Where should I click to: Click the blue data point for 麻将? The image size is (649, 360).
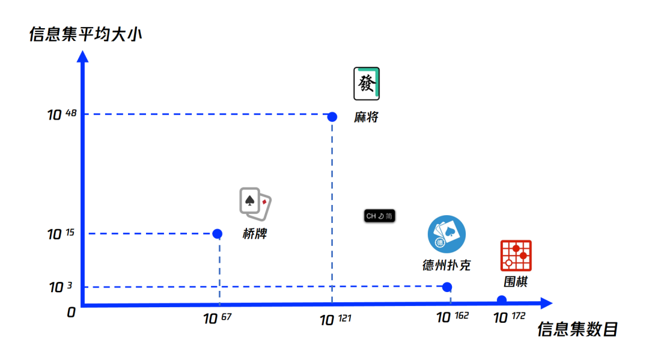[x=332, y=117]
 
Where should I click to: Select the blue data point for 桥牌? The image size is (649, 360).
[x=218, y=234]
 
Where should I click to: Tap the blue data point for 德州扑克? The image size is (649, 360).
[x=447, y=287]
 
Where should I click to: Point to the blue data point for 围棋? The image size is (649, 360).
[x=502, y=300]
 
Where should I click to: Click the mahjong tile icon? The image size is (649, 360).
[x=367, y=84]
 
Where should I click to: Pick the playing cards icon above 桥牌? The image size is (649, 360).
[x=255, y=202]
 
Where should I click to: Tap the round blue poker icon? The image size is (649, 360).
[x=446, y=234]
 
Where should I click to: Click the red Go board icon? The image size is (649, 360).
[x=516, y=256]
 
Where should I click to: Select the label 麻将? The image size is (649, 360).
[x=366, y=117]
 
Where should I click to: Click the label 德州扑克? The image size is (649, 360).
[x=446, y=265]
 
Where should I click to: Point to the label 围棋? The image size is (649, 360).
[x=516, y=281]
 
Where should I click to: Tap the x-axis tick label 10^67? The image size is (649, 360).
[x=217, y=319]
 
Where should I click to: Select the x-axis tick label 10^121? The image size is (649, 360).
[x=334, y=320]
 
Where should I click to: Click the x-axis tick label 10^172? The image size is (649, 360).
[x=509, y=317]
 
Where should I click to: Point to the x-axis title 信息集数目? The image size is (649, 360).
[x=577, y=329]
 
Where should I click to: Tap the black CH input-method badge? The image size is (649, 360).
[x=379, y=216]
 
